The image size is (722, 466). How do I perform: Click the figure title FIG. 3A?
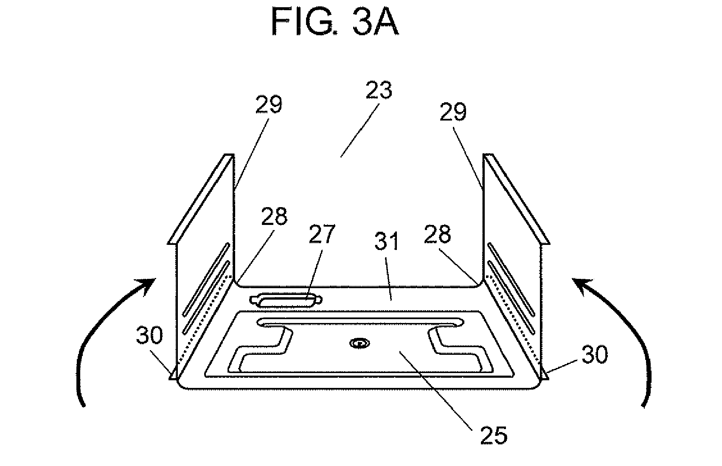[335, 21]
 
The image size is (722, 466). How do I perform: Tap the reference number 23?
[379, 90]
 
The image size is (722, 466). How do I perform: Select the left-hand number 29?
[269, 104]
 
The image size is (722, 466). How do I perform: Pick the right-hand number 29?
[453, 112]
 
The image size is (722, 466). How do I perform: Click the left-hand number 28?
[274, 216]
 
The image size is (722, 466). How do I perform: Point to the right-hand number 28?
[437, 234]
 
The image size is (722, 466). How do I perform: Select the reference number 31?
[386, 241]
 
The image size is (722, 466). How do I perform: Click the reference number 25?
[494, 435]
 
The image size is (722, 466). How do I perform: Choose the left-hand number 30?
[149, 335]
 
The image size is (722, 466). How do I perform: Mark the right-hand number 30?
[595, 355]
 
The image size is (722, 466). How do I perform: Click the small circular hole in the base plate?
[360, 343]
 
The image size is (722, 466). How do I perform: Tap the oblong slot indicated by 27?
[286, 300]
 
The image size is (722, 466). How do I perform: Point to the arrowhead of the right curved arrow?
[582, 286]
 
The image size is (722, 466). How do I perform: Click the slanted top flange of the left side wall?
[201, 199]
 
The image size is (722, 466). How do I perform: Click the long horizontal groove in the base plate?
[360, 322]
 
